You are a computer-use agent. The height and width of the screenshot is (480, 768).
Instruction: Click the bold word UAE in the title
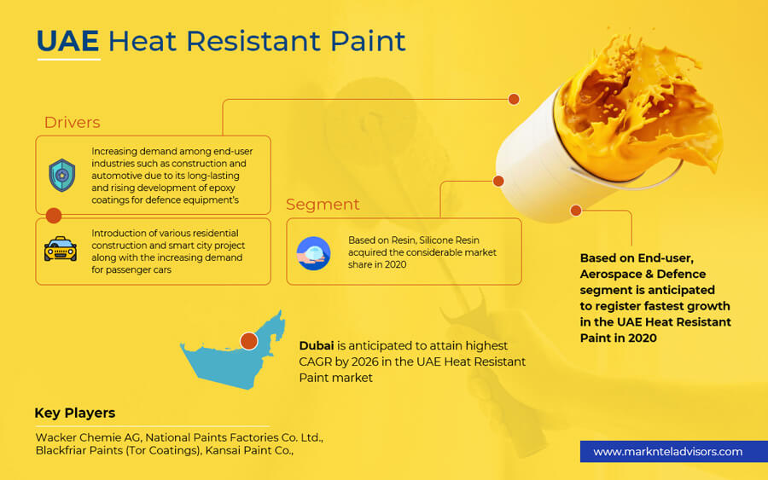pos(67,41)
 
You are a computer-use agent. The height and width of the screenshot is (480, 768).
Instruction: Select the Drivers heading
pos(72,122)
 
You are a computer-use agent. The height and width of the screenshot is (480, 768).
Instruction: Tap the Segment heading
pos(323,205)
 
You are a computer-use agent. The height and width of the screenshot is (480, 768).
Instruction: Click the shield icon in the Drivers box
pos(61,175)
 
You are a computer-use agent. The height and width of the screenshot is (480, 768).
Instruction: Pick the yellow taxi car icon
pos(61,249)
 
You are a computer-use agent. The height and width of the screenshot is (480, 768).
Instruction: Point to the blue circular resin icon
pos(313,253)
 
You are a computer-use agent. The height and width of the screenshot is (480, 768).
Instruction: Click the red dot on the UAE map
pos(249,340)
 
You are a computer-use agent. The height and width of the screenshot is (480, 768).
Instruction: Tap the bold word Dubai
pos(317,345)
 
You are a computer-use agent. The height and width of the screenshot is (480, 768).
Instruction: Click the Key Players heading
pos(75,413)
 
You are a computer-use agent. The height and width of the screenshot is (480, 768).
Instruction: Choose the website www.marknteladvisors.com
pos(667,452)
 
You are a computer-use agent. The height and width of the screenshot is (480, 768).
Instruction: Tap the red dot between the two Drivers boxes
pos(54,216)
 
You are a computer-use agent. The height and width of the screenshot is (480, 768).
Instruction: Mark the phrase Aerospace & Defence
pos(643,274)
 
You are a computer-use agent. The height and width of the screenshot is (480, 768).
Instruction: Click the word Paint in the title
pos(368,41)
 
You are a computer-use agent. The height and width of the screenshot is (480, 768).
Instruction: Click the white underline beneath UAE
pos(69,59)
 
